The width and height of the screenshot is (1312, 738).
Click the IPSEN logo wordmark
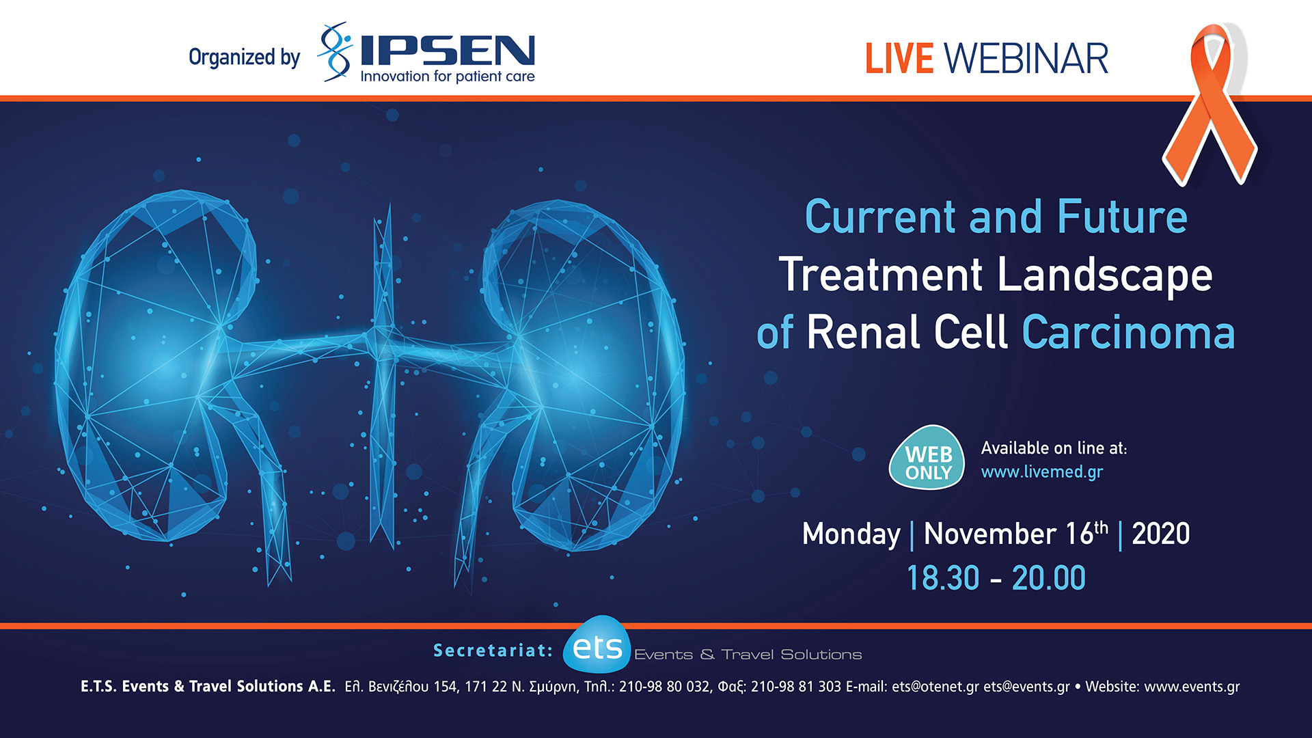(x=447, y=51)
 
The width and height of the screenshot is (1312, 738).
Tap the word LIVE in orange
(x=899, y=59)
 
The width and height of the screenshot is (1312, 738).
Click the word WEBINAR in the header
(x=1026, y=59)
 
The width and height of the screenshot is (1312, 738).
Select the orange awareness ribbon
(x=1210, y=102)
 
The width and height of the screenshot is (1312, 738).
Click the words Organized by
(x=244, y=57)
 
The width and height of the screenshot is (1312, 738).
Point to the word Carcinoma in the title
(x=1128, y=333)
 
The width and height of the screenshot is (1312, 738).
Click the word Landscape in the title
(x=1104, y=275)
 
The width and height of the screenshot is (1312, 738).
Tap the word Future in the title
(x=1122, y=217)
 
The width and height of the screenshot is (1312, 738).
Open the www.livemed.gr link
(x=1041, y=472)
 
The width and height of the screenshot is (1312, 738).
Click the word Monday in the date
(x=851, y=534)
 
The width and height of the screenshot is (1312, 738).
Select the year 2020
(x=1160, y=534)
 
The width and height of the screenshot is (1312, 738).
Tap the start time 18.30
(x=942, y=578)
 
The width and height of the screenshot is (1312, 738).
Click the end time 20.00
(x=1048, y=578)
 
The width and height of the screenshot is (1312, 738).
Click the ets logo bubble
(x=597, y=646)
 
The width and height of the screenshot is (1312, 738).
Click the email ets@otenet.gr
(x=935, y=687)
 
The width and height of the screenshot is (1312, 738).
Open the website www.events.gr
(x=1191, y=687)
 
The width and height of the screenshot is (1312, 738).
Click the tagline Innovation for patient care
(x=447, y=77)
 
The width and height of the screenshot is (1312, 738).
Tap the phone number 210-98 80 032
(x=664, y=687)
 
